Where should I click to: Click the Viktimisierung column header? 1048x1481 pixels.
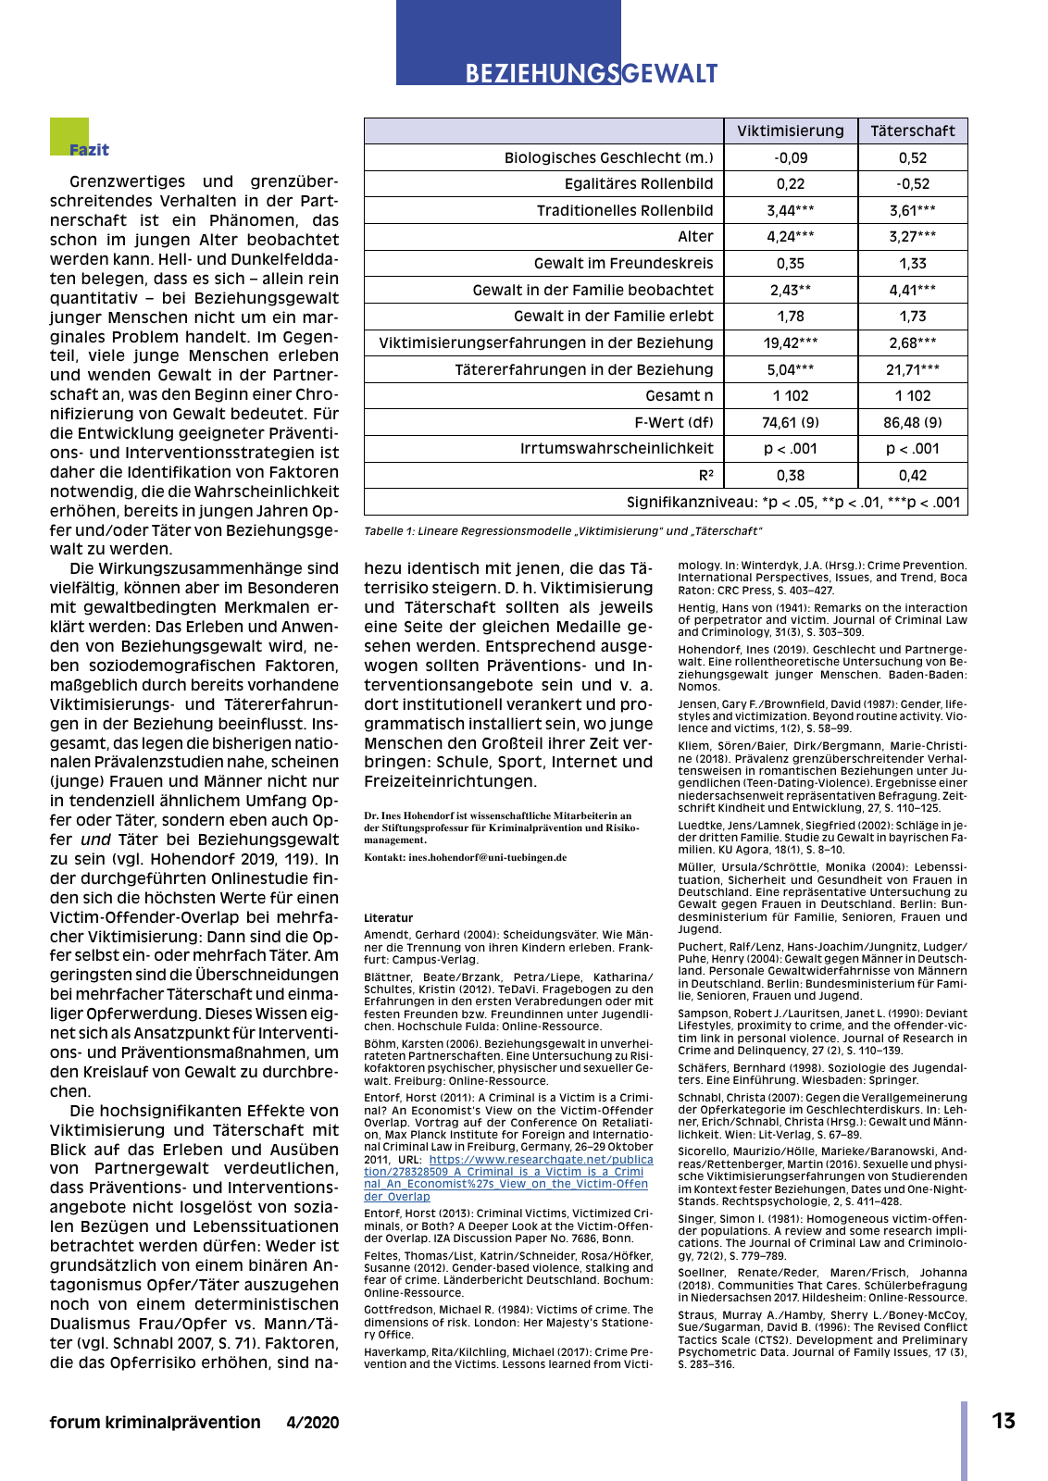791,131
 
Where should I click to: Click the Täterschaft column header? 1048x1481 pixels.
912,131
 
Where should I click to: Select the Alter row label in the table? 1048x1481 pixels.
695,236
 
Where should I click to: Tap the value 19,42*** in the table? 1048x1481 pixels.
791,342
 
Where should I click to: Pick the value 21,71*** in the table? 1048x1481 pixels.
912,369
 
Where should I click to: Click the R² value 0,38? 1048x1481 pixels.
791,475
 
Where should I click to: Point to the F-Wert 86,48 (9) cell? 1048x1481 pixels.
912,422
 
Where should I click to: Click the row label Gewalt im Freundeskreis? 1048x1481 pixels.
623,263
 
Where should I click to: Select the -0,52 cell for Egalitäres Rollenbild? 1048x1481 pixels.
912,183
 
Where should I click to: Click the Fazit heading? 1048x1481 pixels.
89,150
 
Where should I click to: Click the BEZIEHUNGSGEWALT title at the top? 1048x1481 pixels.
591,73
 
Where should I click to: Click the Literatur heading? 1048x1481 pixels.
388,918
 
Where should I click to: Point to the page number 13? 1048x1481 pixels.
1004,1421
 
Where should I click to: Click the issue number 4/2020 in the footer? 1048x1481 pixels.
313,1423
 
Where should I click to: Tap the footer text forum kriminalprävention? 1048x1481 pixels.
155,1423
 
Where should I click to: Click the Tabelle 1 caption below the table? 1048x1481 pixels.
563,531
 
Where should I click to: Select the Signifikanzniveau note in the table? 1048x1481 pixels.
794,502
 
